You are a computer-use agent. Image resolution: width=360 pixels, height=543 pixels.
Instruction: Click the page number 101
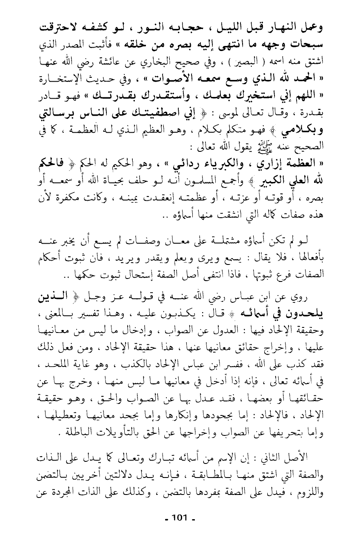pos(180,517)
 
